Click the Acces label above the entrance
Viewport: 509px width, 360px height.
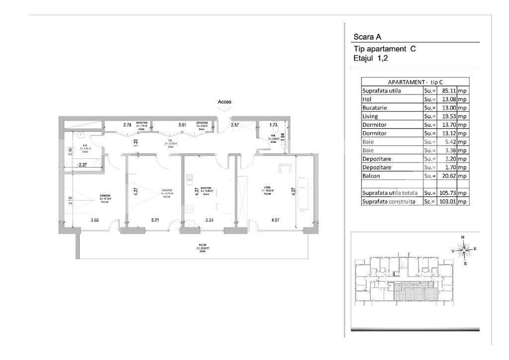point(225,102)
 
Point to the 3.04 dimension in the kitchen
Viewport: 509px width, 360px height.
point(209,219)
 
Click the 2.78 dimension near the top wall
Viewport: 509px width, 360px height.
point(127,125)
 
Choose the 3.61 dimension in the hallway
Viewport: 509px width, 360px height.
point(182,125)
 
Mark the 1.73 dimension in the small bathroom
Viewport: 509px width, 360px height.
point(273,125)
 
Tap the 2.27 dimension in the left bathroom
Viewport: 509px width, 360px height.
point(83,165)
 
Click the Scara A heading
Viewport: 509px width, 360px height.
point(367,36)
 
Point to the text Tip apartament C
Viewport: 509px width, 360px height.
point(384,49)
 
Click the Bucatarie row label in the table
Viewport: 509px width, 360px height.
point(375,108)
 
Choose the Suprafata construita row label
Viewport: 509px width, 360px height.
point(388,201)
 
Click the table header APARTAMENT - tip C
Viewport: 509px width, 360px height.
point(415,82)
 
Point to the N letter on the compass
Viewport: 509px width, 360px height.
point(463,237)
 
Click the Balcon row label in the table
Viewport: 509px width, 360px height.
point(372,176)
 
